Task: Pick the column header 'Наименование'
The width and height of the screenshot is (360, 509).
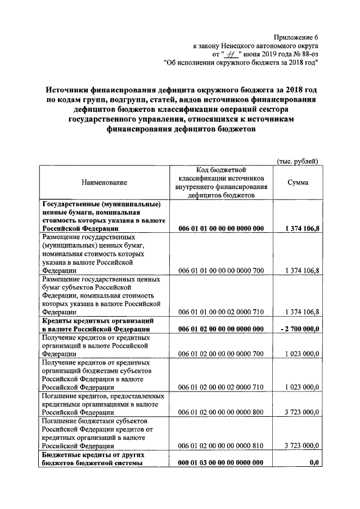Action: (x=104, y=183)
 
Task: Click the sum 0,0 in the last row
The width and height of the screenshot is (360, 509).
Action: (x=314, y=463)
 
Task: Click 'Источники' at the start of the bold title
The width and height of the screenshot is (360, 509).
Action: (x=71, y=91)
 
